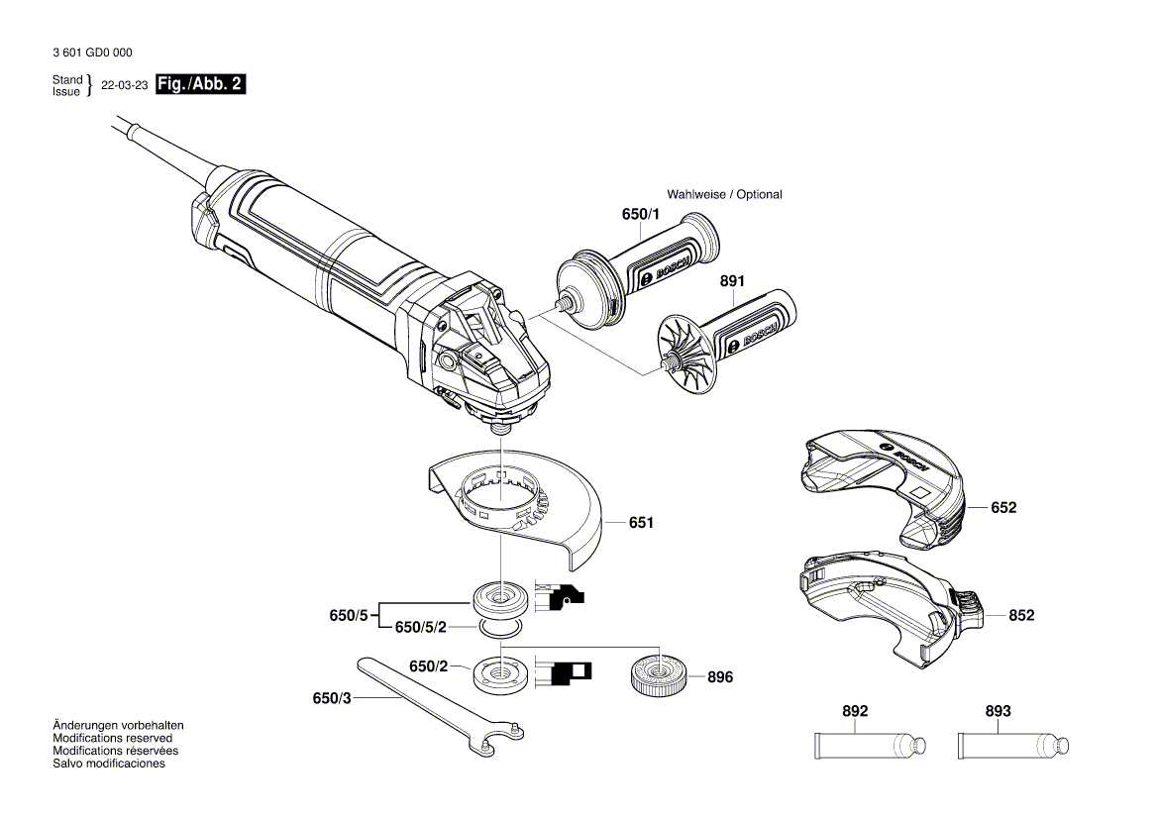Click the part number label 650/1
click(640, 215)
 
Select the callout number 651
click(641, 522)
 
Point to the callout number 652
click(1003, 507)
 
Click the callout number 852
click(1021, 615)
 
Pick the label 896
click(720, 677)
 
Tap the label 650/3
click(332, 698)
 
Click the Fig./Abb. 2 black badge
click(200, 85)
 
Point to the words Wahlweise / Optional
click(724, 194)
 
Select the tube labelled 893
click(1011, 744)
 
